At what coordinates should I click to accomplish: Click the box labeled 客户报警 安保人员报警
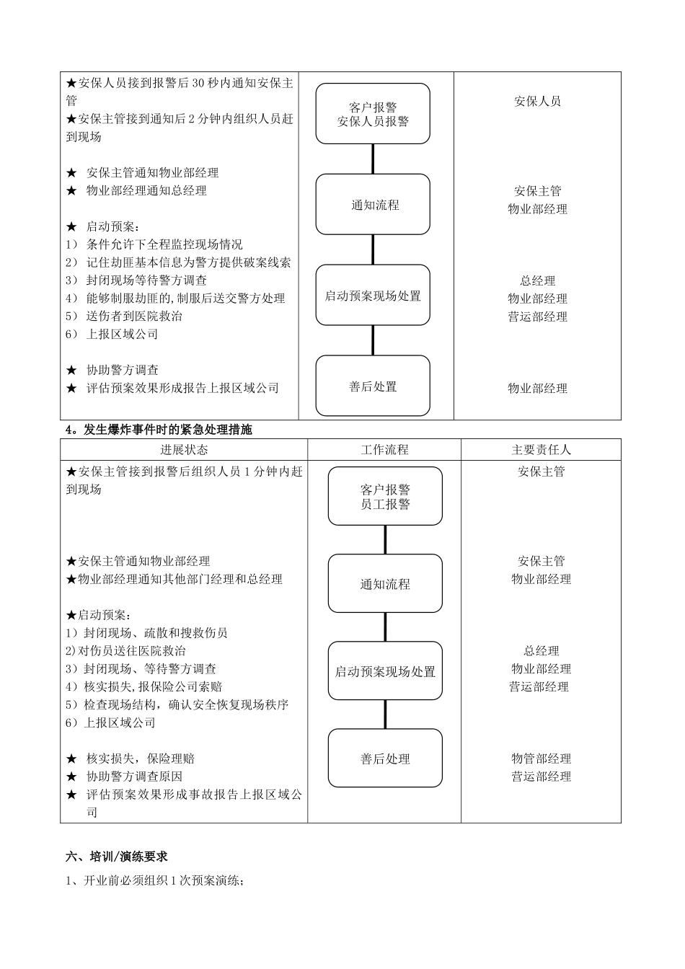[373, 114]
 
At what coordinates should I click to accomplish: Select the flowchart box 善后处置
[373, 386]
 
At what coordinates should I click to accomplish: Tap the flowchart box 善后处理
[385, 758]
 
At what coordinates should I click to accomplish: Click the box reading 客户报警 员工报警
[385, 497]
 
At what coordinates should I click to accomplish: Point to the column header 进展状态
[184, 450]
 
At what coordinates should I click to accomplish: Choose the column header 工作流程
[384, 450]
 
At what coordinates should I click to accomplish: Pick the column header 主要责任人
[541, 450]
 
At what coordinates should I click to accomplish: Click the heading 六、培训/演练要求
[117, 857]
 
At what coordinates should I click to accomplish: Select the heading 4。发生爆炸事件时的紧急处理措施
[159, 430]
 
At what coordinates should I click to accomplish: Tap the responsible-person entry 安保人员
[537, 102]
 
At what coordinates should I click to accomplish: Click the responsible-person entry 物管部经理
[541, 758]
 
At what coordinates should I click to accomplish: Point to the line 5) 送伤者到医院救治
[124, 317]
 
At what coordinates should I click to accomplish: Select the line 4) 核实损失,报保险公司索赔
[144, 686]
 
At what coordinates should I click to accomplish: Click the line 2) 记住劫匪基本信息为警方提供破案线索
[179, 262]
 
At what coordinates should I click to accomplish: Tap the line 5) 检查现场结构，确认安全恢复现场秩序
[177, 704]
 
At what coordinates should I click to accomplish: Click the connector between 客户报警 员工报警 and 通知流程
[385, 539]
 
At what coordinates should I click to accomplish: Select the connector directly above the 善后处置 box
[373, 340]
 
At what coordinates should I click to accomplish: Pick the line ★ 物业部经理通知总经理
[137, 191]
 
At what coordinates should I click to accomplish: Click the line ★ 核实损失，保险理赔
[131, 758]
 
